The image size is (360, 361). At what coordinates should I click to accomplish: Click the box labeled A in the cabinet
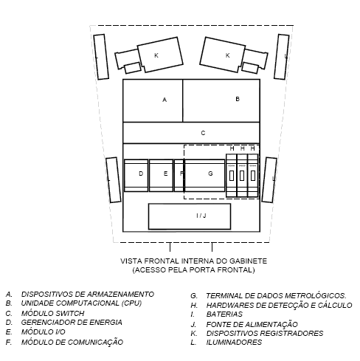point(153,100)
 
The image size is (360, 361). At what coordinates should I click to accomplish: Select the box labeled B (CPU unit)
point(221,100)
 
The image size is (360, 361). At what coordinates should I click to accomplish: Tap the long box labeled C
point(191,133)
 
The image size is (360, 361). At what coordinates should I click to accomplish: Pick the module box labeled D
point(136,175)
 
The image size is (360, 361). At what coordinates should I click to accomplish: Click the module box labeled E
point(161,175)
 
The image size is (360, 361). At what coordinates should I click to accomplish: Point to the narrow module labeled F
point(179,175)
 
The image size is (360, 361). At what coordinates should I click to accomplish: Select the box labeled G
point(204,175)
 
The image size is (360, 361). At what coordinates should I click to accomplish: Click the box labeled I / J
point(190,216)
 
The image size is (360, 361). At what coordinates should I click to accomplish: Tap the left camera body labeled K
point(160,55)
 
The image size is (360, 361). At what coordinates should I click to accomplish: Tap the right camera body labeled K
point(223,55)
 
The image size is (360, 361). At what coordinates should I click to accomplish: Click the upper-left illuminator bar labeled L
point(101,57)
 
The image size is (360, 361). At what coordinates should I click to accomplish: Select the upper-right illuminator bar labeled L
point(282,57)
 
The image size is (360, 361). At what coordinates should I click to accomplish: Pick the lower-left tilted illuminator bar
point(114,180)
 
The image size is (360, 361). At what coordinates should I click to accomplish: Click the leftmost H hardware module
point(232,176)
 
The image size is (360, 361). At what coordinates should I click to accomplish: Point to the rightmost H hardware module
point(253,176)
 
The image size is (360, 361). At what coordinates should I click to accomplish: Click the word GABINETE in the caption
point(248,261)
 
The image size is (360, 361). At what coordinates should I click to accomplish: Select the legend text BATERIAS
point(224,314)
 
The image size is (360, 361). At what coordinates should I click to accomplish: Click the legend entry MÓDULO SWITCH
point(52,313)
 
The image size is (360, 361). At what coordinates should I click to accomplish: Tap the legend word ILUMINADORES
point(234,342)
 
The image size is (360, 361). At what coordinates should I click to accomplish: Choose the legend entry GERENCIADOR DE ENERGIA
point(72,323)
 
